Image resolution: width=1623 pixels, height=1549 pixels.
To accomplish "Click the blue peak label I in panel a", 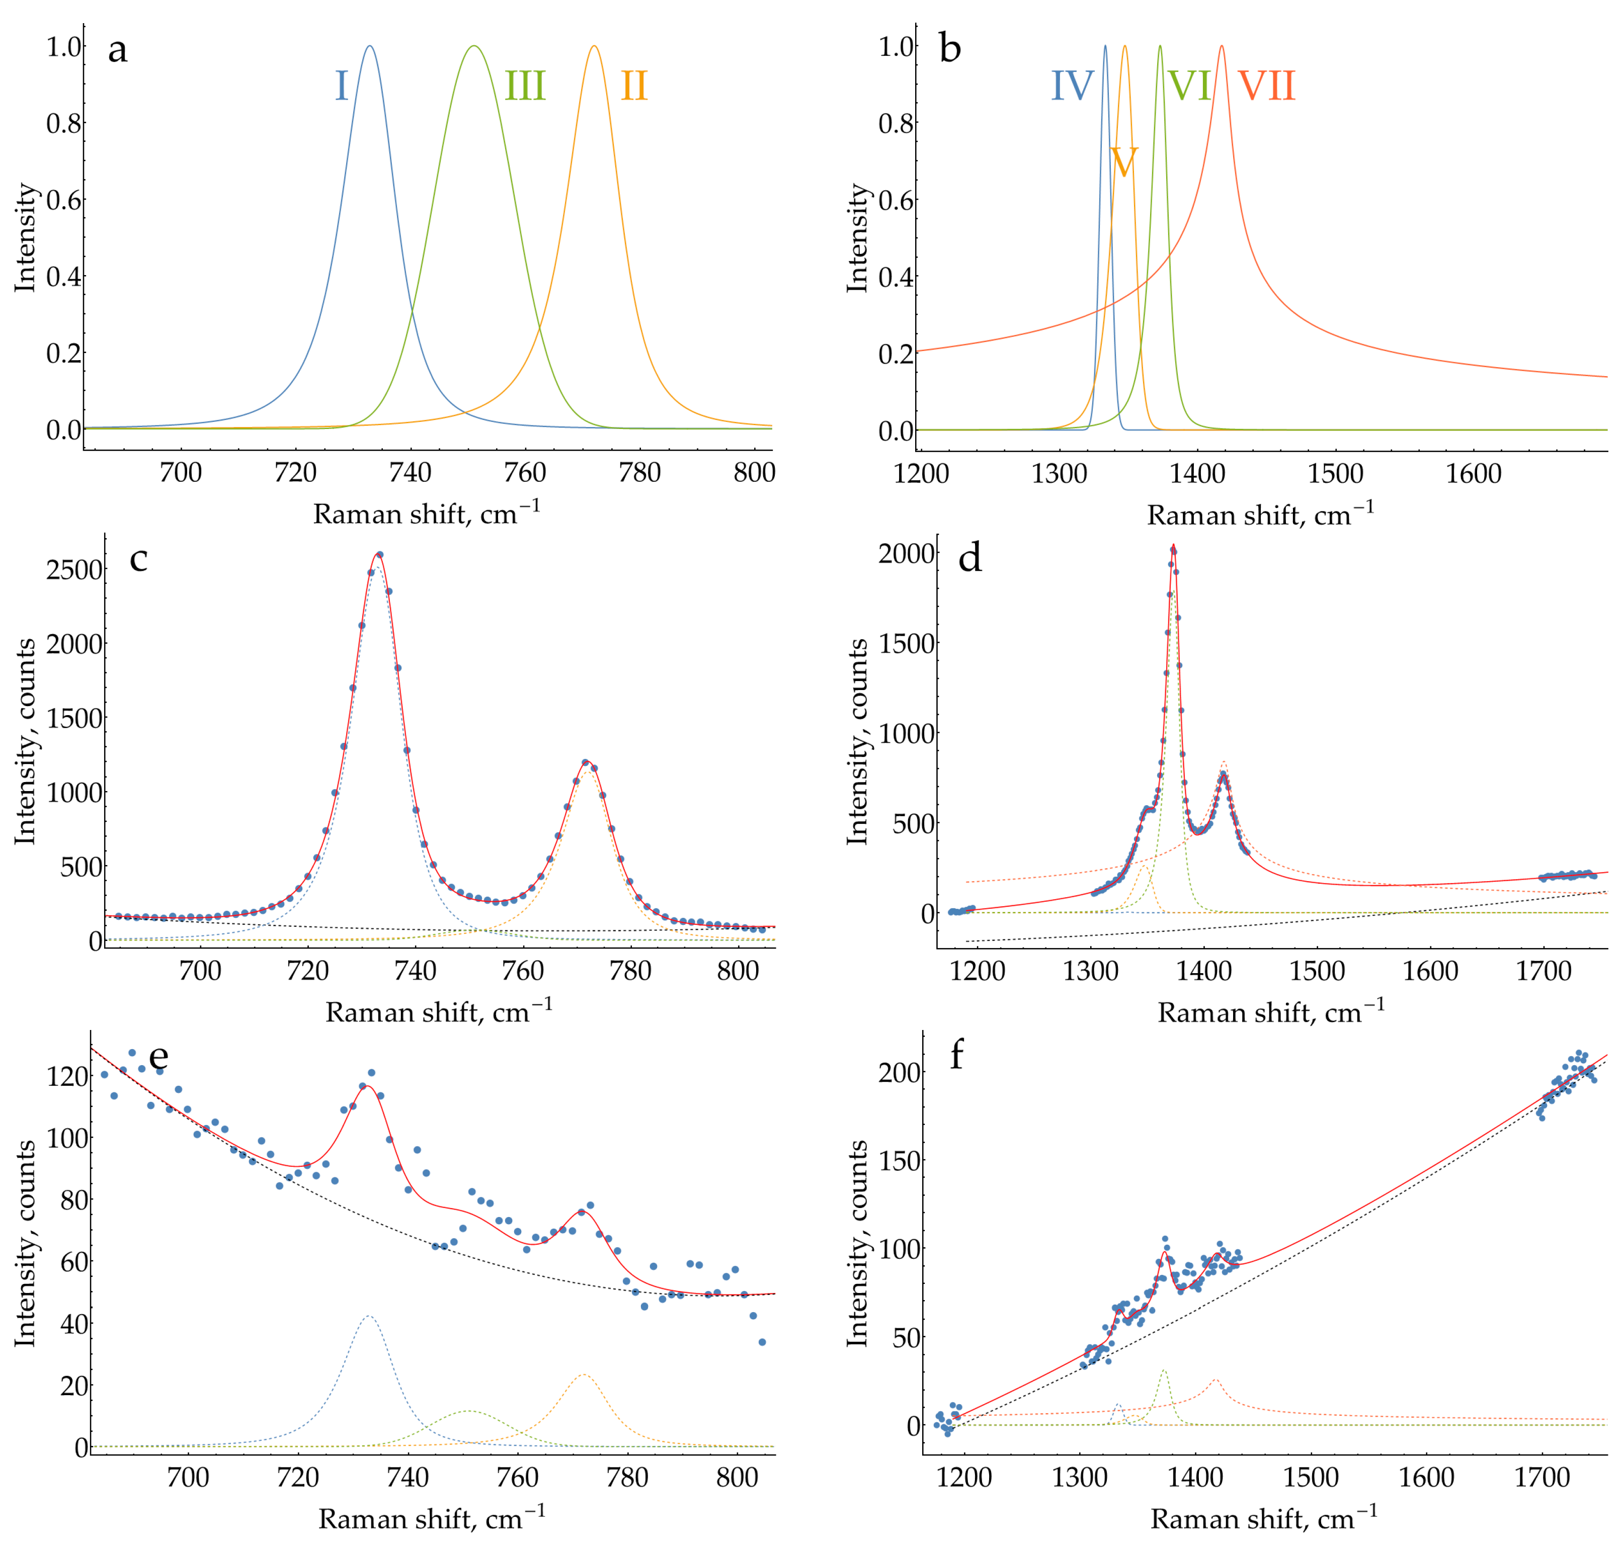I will [x=341, y=86].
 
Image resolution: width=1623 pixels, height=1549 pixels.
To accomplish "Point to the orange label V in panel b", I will [x=1123, y=162].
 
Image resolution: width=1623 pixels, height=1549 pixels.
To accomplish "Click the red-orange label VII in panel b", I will [x=1266, y=86].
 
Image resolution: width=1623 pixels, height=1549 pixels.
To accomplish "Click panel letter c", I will [x=139, y=559].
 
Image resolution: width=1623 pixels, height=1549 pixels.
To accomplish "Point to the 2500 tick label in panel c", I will [x=74, y=570].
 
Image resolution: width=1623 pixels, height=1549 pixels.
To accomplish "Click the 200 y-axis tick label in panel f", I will [x=900, y=1073].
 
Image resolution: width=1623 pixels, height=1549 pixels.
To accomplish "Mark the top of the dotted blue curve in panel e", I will [x=368, y=1316].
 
